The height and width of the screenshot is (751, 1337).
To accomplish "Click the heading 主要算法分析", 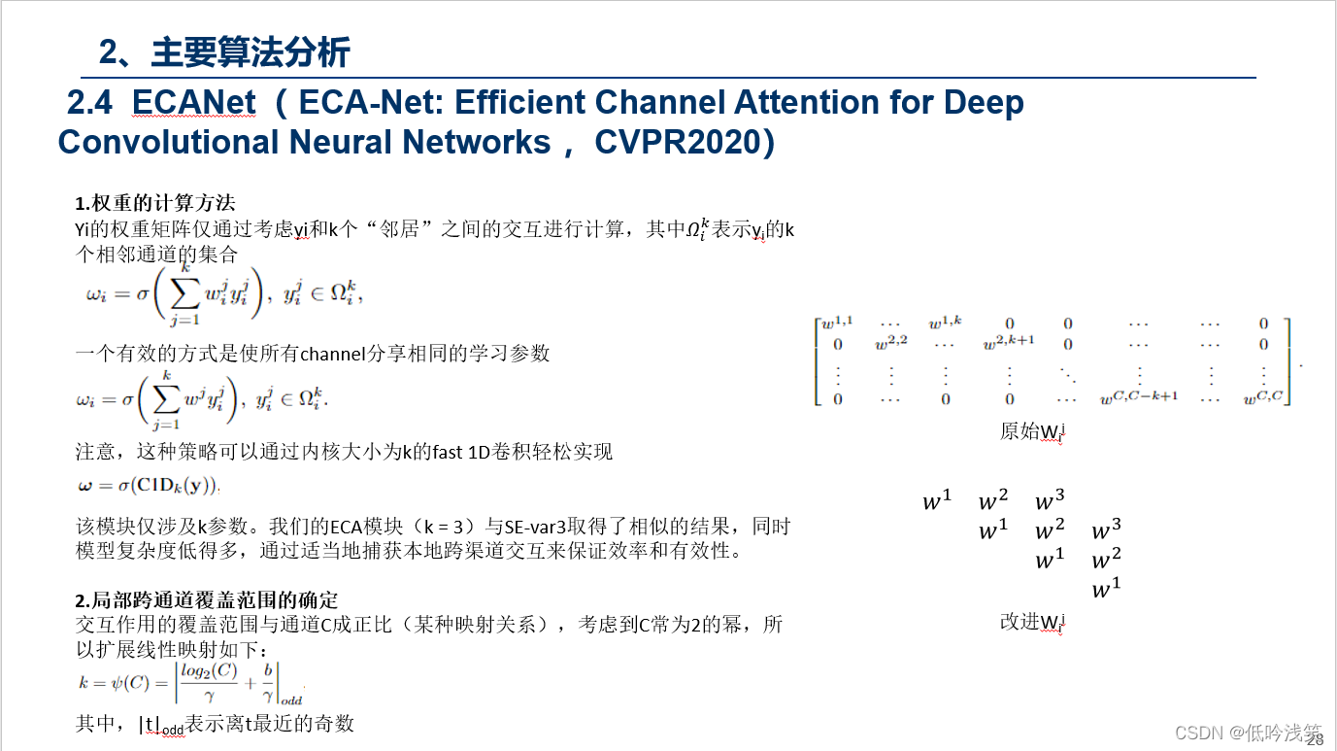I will coord(251,52).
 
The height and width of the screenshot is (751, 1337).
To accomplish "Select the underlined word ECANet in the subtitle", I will coord(194,103).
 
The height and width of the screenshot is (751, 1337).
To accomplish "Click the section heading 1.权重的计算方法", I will coord(155,203).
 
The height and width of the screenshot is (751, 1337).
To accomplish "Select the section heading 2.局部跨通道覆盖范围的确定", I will coord(207,600).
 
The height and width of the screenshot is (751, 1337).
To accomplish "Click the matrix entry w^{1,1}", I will coord(837,324).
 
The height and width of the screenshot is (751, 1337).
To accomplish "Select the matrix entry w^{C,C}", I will coord(1262,397).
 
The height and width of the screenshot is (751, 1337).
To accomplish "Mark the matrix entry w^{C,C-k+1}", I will coord(1138,397).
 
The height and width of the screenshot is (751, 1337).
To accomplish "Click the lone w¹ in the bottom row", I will coord(1106,590).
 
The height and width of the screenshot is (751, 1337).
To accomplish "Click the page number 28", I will coord(1315,740).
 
